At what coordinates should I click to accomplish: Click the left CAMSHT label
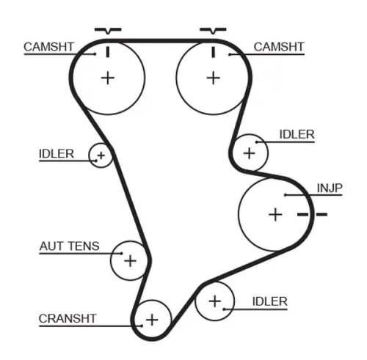(x=48, y=46)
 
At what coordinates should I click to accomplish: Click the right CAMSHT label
(x=278, y=46)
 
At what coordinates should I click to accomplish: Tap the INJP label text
(x=330, y=187)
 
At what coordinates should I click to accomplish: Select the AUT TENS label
(x=69, y=247)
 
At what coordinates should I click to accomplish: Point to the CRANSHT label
(x=68, y=318)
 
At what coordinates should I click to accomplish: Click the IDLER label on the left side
(x=57, y=153)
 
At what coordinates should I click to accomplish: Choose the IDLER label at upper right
(x=297, y=134)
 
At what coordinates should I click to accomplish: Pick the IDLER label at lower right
(x=269, y=301)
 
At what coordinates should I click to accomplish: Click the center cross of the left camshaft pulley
(x=108, y=77)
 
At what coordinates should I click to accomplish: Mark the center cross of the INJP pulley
(x=275, y=214)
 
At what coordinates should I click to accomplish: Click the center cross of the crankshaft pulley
(x=152, y=320)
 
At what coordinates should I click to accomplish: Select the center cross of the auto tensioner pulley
(x=130, y=260)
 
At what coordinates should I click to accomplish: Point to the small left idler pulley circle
(x=101, y=155)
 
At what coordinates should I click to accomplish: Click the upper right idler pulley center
(x=249, y=153)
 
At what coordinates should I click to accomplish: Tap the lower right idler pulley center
(x=214, y=301)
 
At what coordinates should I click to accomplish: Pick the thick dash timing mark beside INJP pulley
(x=311, y=214)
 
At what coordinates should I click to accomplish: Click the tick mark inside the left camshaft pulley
(x=108, y=51)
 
